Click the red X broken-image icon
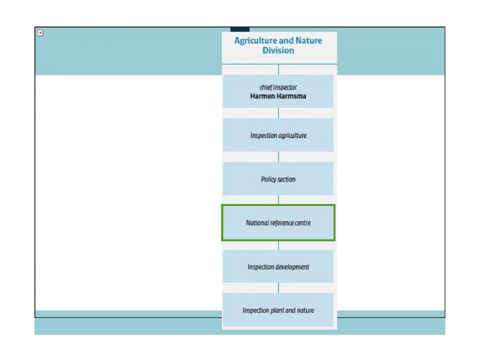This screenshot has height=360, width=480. pyautogui.click(x=40, y=33)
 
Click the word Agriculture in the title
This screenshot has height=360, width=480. pyautogui.click(x=256, y=41)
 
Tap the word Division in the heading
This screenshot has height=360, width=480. pyautogui.click(x=278, y=50)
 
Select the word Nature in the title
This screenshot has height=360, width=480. pyautogui.click(x=309, y=40)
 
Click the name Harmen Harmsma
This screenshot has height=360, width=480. pyautogui.click(x=278, y=96)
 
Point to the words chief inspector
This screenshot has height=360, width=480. pyautogui.click(x=278, y=88)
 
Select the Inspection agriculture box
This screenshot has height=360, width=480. pyautogui.click(x=278, y=135)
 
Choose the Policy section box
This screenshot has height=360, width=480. pyautogui.click(x=278, y=179)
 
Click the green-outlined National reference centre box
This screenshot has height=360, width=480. pyautogui.click(x=278, y=223)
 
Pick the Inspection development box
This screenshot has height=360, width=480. pyautogui.click(x=278, y=266)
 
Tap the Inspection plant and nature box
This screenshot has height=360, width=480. pyautogui.click(x=278, y=310)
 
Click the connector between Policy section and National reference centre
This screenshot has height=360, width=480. pyautogui.click(x=278, y=200)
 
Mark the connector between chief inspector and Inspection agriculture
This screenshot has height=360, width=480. pyautogui.click(x=278, y=113)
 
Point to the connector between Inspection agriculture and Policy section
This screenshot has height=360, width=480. pyautogui.click(x=278, y=157)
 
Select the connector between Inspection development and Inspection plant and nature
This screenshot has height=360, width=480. pyautogui.click(x=278, y=288)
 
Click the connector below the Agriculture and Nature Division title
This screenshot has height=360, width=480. pyautogui.click(x=278, y=70)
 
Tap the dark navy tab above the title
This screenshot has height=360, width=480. pyautogui.click(x=240, y=29)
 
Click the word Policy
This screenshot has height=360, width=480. pyautogui.click(x=269, y=179)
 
